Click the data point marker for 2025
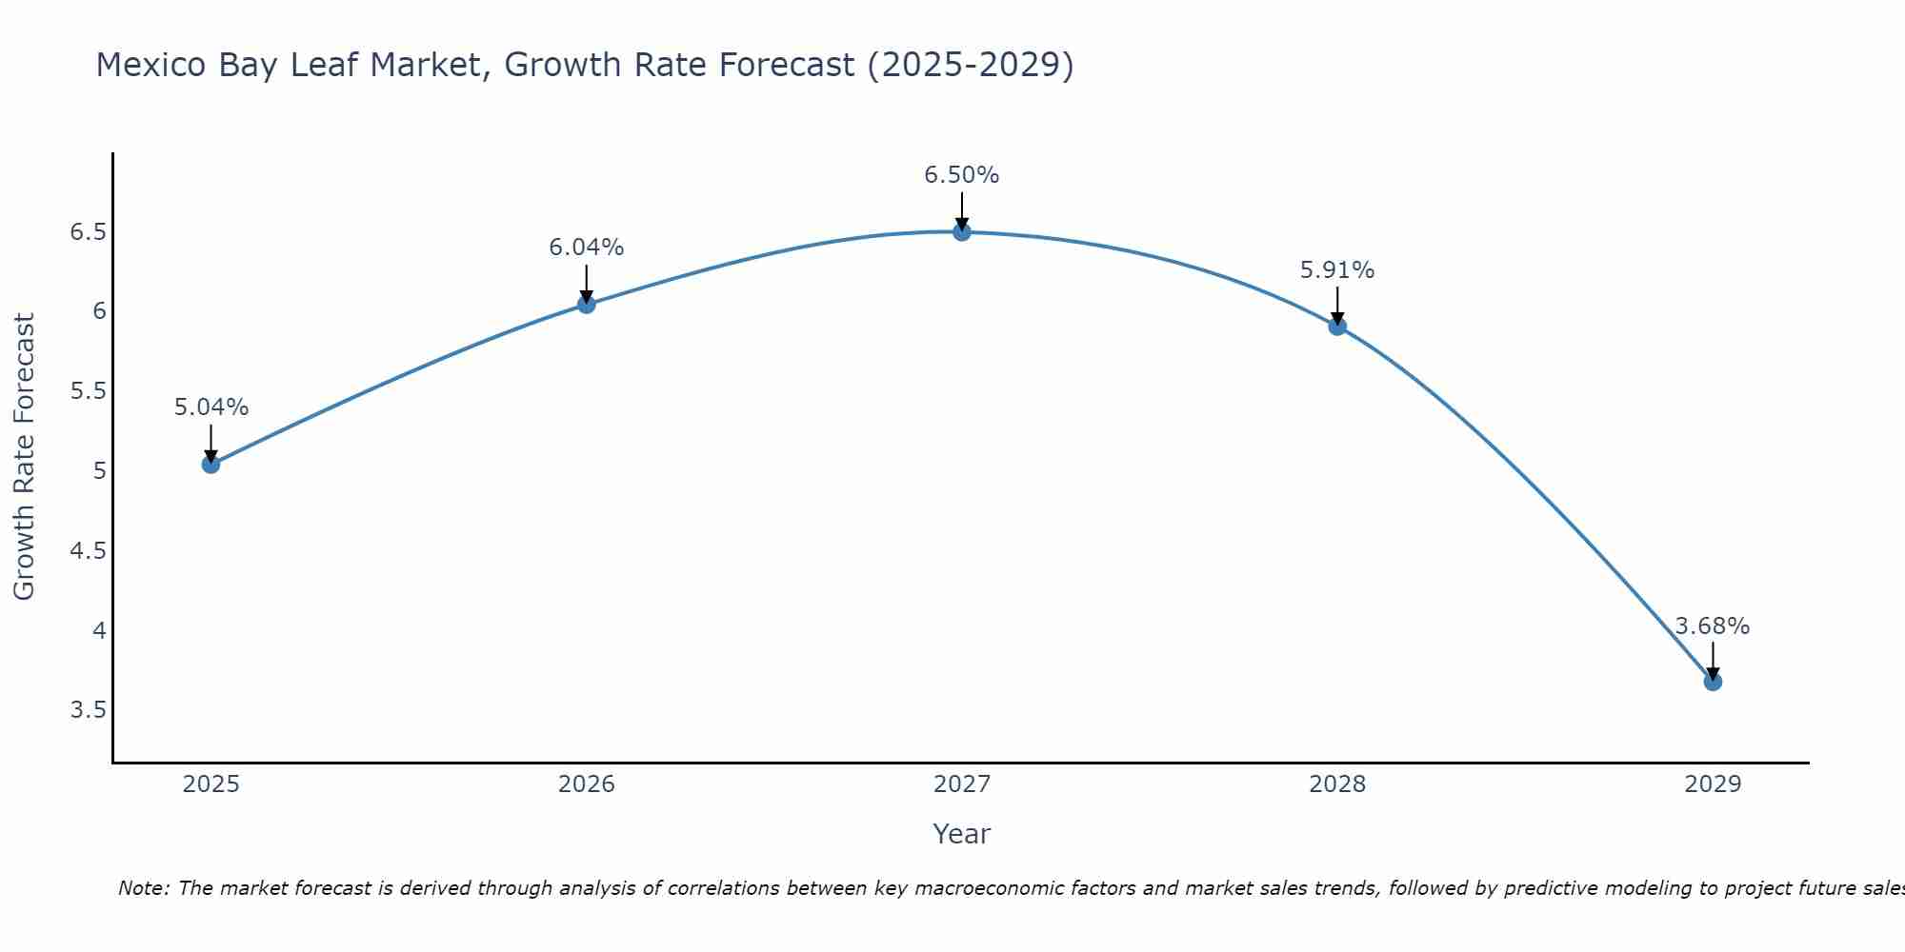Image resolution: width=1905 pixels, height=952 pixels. pos(211,465)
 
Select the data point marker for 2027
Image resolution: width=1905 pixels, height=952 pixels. pos(962,231)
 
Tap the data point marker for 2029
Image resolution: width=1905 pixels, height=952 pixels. pos(1713,682)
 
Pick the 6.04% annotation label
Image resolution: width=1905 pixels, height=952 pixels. pos(586,248)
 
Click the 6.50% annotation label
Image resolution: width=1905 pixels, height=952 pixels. pos(962,175)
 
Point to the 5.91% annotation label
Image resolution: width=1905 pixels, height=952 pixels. pos(1337,270)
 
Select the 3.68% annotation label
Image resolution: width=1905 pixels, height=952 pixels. pos(1713,626)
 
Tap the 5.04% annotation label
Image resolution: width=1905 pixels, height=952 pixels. pos(211,407)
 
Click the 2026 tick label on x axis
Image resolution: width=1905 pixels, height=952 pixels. pos(586,784)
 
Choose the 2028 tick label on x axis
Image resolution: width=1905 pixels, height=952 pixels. pos(1337,784)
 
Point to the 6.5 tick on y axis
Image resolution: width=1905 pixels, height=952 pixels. pos(88,232)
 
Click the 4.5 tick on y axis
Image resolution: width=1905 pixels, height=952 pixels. pos(88,551)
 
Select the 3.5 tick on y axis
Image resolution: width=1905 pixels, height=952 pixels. pos(88,710)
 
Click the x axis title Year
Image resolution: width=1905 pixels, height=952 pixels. pos(962,834)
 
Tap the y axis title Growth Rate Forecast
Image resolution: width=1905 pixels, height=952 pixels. pos(24,457)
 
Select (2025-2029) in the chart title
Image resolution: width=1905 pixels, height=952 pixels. pos(971,65)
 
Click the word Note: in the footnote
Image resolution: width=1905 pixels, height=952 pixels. pos(144,889)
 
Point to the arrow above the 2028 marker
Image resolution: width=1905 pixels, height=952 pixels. pos(1337,305)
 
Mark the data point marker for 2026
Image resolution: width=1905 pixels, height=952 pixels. pos(586,305)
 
